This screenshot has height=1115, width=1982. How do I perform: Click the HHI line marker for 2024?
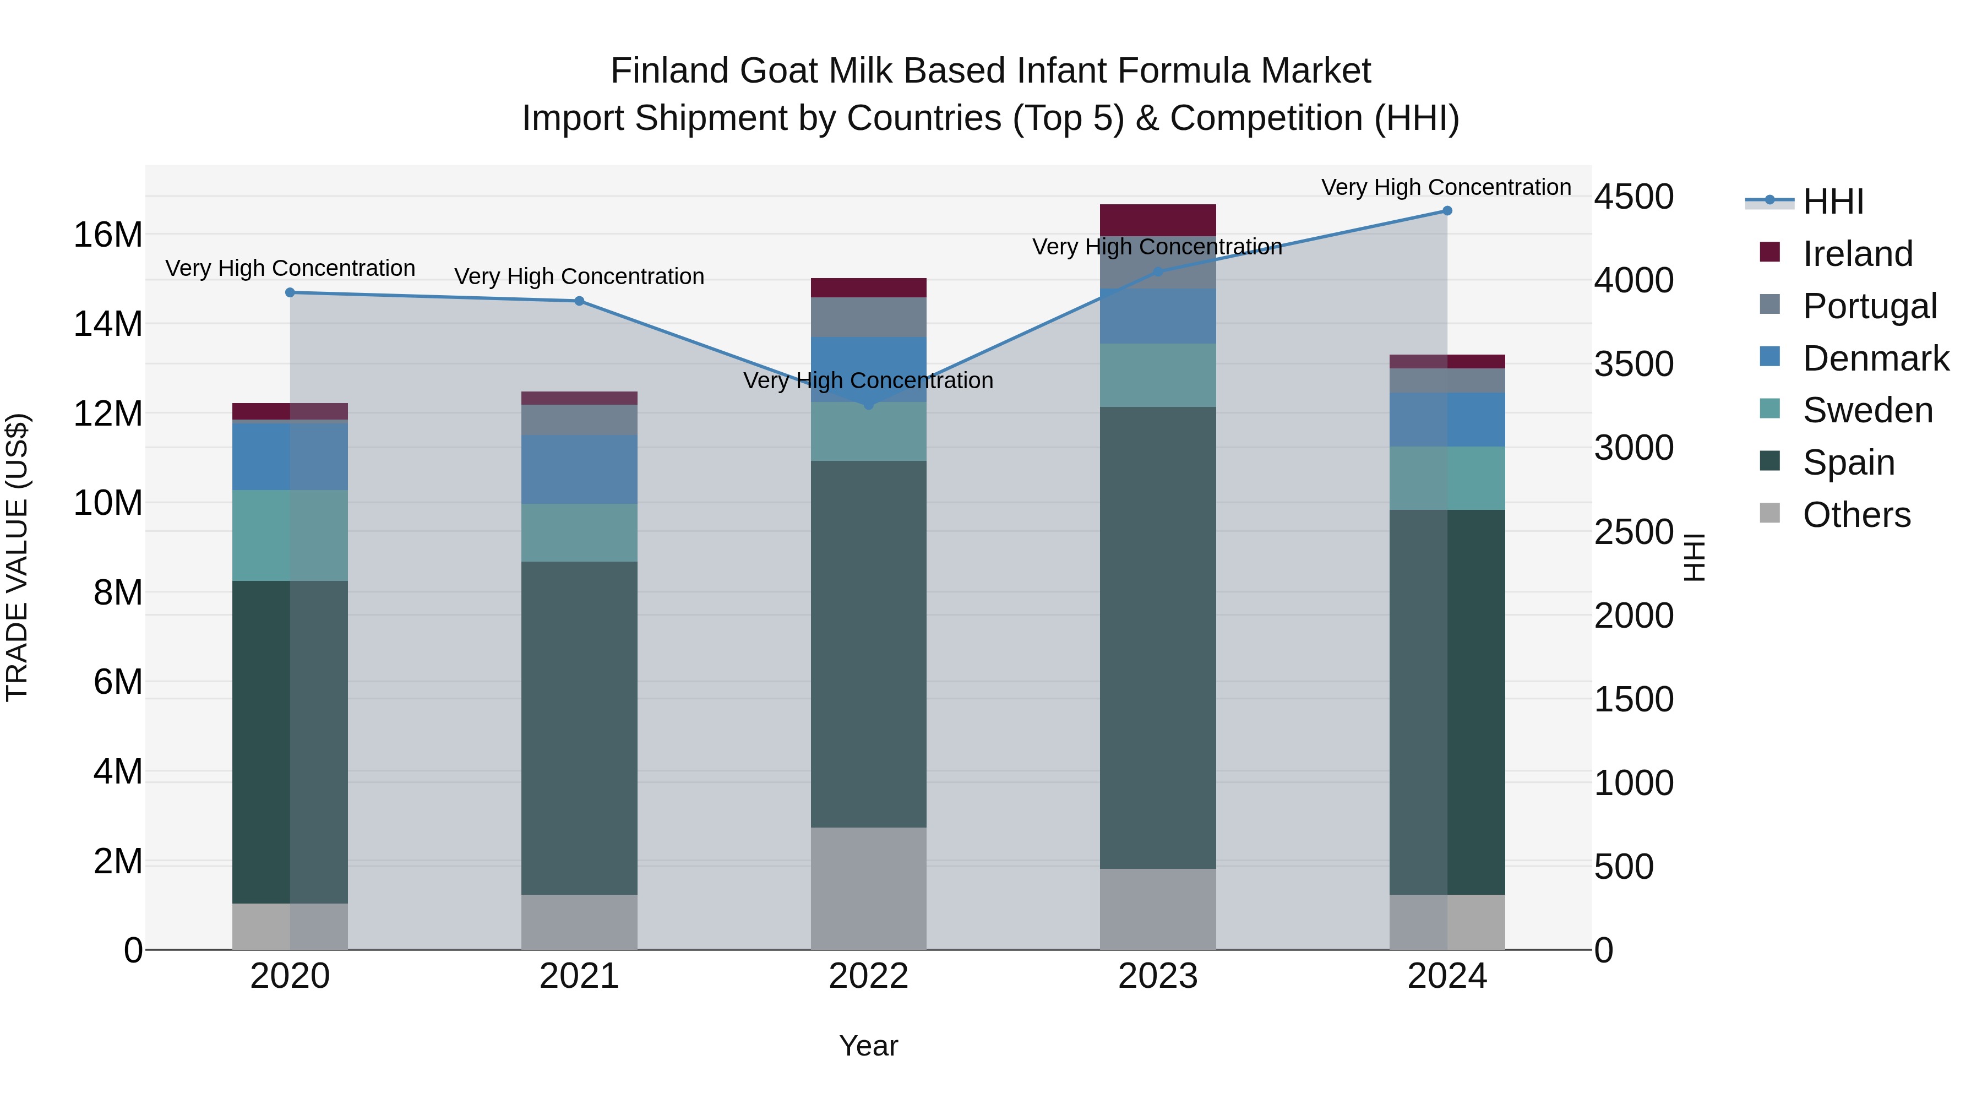1446,211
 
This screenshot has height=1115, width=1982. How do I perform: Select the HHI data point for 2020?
290,292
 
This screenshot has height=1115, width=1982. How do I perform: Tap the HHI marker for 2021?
579,301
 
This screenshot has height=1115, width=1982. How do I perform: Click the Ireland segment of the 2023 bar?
1157,220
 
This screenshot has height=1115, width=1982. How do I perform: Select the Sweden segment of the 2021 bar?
579,532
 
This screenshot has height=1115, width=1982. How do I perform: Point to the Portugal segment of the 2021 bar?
579,420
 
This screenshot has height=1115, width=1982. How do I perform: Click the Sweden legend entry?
1867,410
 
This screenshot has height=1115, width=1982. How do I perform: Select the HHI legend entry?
1833,202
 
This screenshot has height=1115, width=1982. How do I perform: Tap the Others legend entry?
1856,515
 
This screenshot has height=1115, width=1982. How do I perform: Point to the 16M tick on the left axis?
108,235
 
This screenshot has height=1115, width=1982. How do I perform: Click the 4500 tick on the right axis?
1633,197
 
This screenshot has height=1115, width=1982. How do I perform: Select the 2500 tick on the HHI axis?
1633,532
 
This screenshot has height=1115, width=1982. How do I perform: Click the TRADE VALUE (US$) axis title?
17,557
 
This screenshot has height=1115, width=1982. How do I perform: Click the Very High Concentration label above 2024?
1446,187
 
